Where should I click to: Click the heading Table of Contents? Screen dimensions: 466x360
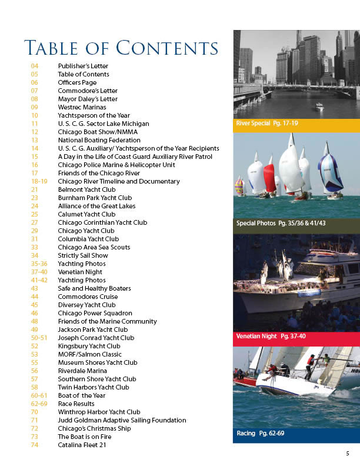tap(121, 47)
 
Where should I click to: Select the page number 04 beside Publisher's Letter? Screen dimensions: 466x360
tap(35, 66)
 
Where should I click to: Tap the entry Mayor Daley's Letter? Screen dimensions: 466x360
tap(88, 99)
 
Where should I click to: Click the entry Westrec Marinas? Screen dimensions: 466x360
tap(82, 107)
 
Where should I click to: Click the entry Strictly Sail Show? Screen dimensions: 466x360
tap(83, 255)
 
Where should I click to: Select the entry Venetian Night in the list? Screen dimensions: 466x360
tap(80, 272)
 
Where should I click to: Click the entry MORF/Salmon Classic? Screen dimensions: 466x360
tap(90, 354)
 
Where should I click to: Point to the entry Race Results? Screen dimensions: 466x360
tap(77, 404)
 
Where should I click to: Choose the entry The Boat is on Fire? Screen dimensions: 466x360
tap(86, 437)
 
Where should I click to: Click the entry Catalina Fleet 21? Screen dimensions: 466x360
tap(84, 445)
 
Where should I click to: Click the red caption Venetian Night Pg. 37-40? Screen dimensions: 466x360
tap(271, 337)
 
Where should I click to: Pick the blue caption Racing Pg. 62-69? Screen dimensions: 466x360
tap(260, 434)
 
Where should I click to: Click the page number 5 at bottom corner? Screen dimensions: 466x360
tap(348, 453)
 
